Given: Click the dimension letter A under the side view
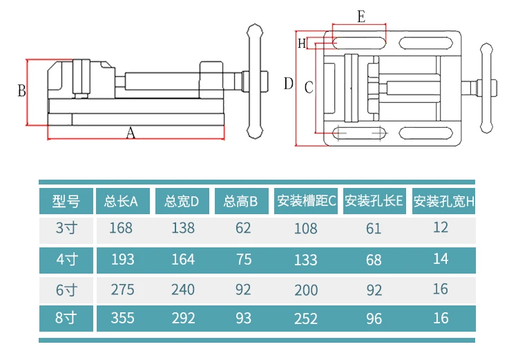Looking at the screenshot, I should click(x=131, y=134).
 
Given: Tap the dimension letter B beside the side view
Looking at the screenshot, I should click(x=21, y=91).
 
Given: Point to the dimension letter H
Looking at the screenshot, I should click(x=302, y=44).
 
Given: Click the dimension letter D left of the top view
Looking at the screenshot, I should click(x=288, y=84).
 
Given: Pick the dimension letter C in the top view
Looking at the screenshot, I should click(x=308, y=87).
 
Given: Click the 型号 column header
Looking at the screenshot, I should click(x=66, y=202).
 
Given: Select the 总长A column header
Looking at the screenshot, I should click(x=122, y=202).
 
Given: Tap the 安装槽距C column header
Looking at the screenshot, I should click(x=305, y=202).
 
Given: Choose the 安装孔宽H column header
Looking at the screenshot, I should click(x=444, y=202).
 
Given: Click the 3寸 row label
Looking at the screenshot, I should click(x=67, y=227).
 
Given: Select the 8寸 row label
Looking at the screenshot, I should click(x=67, y=319).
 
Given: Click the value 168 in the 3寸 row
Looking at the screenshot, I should click(x=121, y=227).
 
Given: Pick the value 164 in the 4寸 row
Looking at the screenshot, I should click(x=182, y=260).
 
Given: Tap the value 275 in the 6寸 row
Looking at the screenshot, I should click(x=122, y=290).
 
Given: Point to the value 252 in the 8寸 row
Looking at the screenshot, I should click(x=305, y=319).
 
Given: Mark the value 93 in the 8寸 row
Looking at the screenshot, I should click(x=243, y=319).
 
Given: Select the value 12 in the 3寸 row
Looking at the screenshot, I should click(x=441, y=227).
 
